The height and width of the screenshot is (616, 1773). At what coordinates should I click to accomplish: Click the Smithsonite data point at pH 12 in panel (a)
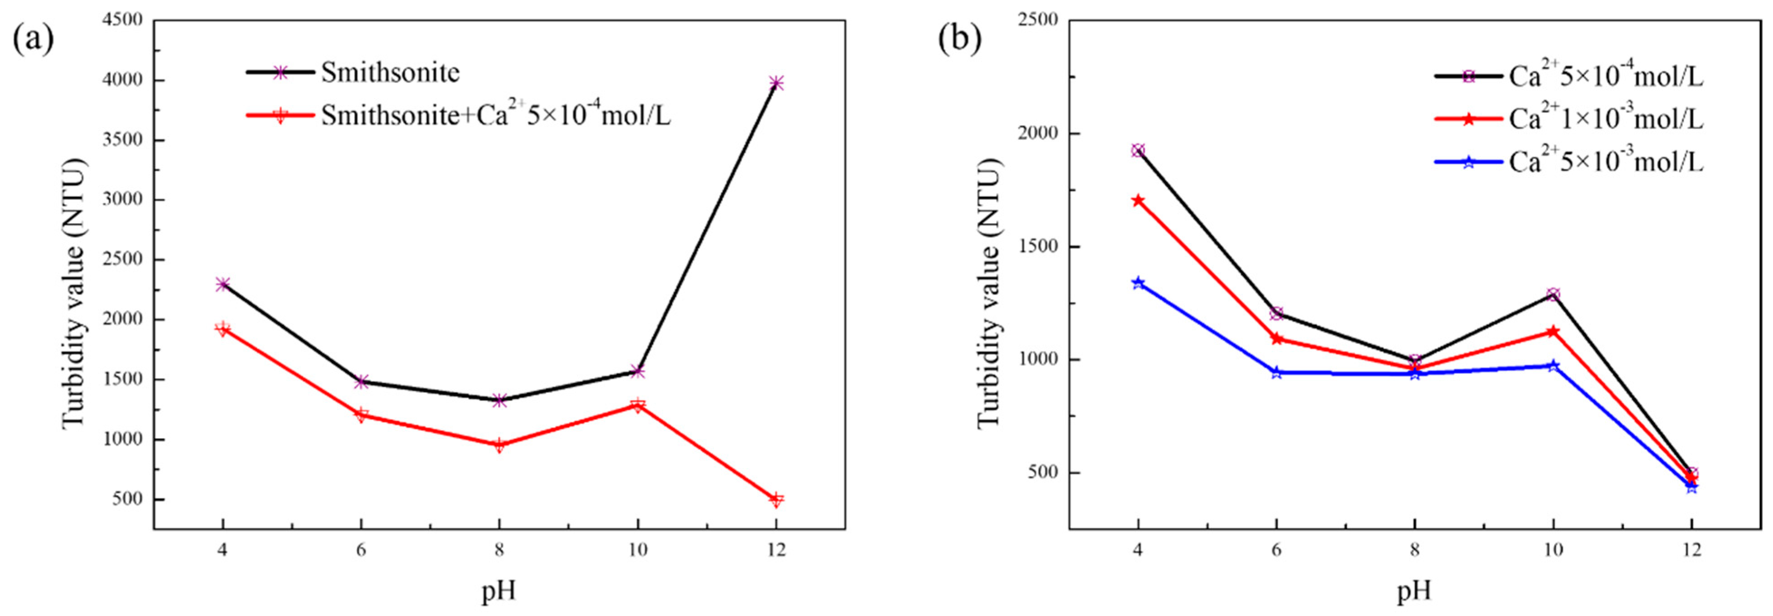click(x=776, y=83)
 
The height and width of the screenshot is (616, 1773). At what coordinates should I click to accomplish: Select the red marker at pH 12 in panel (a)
click(x=776, y=500)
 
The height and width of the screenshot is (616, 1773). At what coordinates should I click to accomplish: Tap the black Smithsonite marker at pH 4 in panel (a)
click(x=222, y=284)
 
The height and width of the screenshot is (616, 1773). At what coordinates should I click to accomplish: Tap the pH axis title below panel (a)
click(x=498, y=591)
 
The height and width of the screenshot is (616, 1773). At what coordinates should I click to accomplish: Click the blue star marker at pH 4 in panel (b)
click(x=1138, y=283)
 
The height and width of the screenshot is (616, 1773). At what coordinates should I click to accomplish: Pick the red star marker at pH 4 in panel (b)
click(x=1138, y=201)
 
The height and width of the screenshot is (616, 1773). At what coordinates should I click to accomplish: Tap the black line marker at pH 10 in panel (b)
click(x=1553, y=295)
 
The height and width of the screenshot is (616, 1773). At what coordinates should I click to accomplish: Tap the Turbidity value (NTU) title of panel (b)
click(x=989, y=292)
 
